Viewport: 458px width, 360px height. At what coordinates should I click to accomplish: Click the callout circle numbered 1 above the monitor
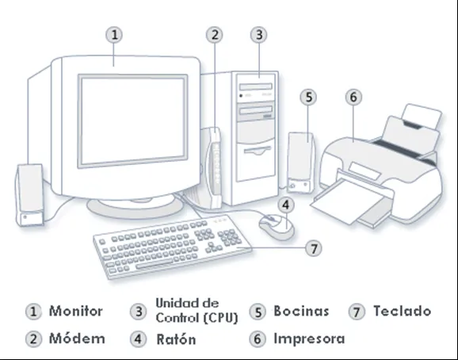coord(114,35)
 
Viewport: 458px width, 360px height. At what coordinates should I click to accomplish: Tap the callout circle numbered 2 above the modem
coord(215,35)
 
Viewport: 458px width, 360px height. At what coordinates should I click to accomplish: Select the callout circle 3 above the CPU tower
coord(259,35)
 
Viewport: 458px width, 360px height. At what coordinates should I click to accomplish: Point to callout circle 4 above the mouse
coord(286,205)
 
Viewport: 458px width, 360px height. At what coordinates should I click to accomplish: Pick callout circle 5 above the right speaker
coord(309,97)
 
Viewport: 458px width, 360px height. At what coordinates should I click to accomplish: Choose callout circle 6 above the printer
coord(353,97)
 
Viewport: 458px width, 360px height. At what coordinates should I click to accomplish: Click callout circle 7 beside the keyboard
coord(314,249)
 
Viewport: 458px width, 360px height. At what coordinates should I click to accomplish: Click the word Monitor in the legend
coord(76,311)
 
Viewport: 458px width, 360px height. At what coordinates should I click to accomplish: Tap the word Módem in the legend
coord(77,339)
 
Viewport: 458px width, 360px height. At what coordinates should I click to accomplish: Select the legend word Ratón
coord(176,339)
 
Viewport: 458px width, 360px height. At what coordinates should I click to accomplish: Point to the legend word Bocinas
coord(301,311)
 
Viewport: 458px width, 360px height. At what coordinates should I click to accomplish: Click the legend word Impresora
coord(309,339)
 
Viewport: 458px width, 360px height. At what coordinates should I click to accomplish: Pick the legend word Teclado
coord(403,311)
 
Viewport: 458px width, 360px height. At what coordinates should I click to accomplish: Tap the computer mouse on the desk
coord(277,226)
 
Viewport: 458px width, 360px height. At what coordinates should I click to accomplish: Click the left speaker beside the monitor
coord(30,195)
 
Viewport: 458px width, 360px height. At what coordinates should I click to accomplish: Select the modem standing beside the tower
coord(215,167)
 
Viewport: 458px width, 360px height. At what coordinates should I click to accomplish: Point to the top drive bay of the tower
coord(256,86)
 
